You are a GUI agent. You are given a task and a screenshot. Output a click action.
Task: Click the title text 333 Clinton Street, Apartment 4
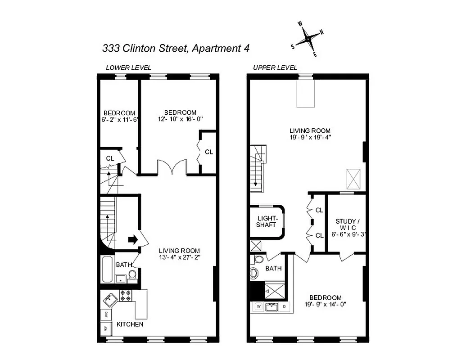pos(176,48)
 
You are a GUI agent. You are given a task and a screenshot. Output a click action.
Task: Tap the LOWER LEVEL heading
pos(128,68)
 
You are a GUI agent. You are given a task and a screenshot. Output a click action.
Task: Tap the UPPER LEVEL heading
pos(275,68)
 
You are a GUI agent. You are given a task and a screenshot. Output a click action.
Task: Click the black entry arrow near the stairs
pos(133,239)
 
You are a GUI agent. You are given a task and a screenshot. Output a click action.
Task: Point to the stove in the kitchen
pos(126,296)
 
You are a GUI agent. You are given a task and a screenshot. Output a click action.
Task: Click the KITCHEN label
pos(130,324)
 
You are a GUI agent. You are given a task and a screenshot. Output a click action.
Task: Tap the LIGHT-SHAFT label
pos(266,221)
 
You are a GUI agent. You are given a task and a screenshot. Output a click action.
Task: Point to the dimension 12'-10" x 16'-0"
pos(180,119)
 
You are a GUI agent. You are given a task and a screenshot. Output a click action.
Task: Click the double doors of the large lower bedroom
pos(172,167)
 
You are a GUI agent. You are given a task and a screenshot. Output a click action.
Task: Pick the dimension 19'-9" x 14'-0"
pos(325,305)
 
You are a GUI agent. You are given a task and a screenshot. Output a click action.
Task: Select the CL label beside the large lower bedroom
pos(208,152)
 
